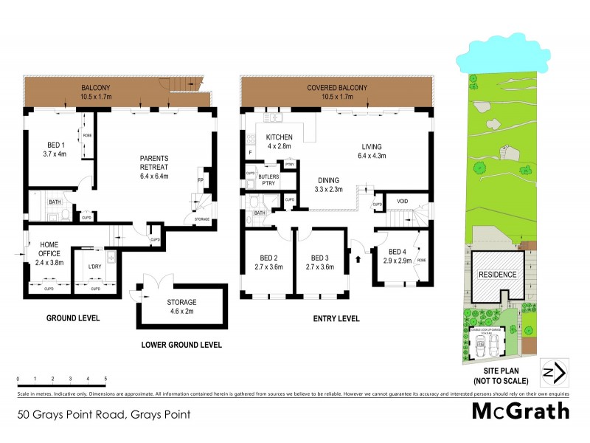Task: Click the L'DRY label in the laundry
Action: tap(94, 267)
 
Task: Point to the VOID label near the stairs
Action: tap(402, 201)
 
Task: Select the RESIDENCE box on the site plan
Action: tap(498, 274)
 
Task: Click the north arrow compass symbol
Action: tap(553, 371)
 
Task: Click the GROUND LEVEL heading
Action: tap(63, 319)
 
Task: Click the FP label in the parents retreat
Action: tap(200, 179)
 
